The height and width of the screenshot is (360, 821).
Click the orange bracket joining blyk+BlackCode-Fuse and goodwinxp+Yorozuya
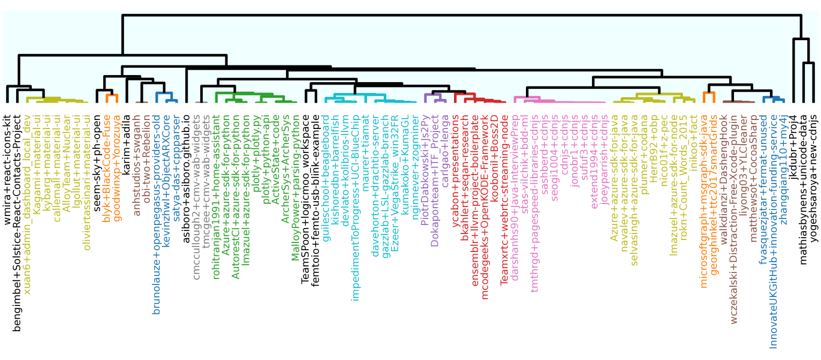pyautogui.click(x=112, y=95)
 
